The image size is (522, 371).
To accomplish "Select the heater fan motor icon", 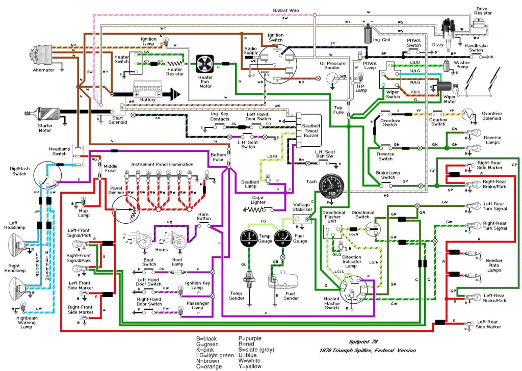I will pyautogui.click(x=206, y=64).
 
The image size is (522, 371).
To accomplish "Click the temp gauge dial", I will pyautogui.click(x=250, y=238).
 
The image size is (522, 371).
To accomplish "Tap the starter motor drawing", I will pyautogui.click(x=44, y=115).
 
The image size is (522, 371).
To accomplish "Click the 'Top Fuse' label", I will pyautogui.click(x=340, y=110).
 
